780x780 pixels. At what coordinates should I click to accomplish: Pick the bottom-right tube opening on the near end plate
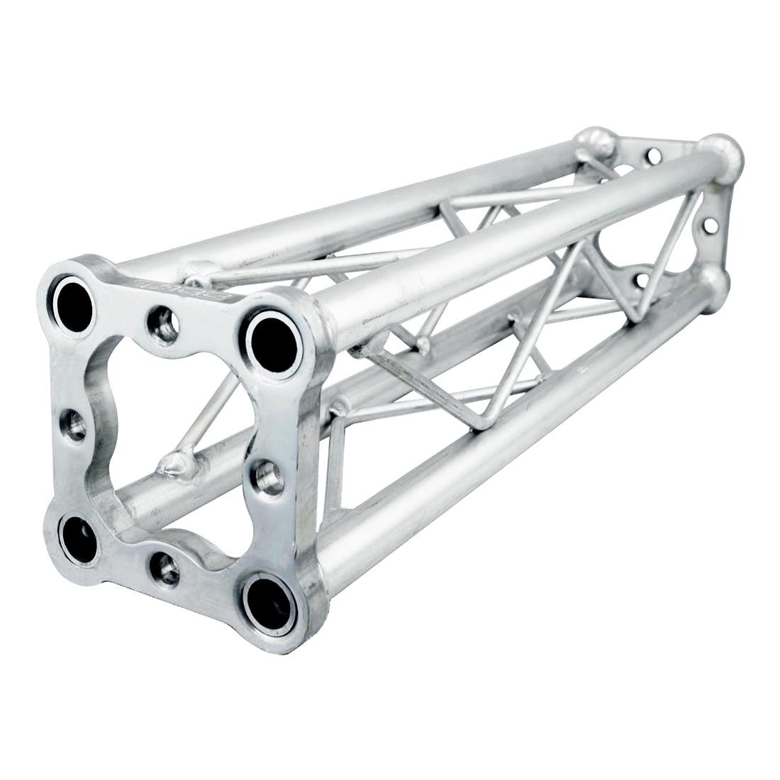269,603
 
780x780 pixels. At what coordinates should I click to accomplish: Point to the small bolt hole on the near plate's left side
74,425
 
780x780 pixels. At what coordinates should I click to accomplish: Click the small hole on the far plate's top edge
655,154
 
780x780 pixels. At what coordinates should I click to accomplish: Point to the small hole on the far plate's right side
707,226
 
